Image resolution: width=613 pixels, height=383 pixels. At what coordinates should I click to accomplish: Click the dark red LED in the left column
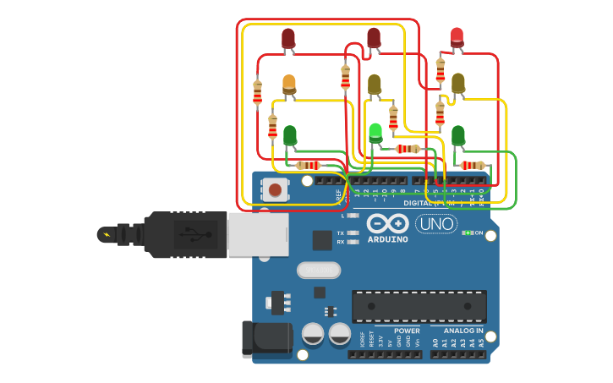(x=288, y=38)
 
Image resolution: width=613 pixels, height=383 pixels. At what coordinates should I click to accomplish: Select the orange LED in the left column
(x=289, y=84)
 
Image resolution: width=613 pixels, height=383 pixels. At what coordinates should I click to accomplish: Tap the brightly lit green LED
(x=375, y=132)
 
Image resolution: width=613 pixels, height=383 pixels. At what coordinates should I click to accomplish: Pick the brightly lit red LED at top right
(x=457, y=36)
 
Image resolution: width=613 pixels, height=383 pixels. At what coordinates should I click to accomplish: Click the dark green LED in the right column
(x=457, y=134)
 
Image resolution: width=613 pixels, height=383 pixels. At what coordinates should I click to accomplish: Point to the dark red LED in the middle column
(x=374, y=36)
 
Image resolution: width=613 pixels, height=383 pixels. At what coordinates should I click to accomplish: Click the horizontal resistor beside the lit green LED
(x=408, y=150)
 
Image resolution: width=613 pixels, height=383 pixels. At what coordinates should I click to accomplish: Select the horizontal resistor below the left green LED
(x=308, y=165)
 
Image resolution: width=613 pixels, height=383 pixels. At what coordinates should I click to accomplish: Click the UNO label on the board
(x=436, y=224)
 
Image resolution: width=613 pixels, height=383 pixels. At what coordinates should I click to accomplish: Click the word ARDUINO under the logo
(x=387, y=239)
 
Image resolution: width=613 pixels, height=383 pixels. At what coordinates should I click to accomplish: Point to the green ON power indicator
(x=467, y=233)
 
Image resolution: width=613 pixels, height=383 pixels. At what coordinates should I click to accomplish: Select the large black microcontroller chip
(x=419, y=306)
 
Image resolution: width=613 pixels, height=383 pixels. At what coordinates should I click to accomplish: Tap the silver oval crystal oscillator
(x=319, y=270)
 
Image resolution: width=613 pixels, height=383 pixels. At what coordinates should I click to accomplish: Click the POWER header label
(x=407, y=331)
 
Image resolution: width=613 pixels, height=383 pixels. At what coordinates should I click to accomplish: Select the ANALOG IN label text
(x=463, y=331)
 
